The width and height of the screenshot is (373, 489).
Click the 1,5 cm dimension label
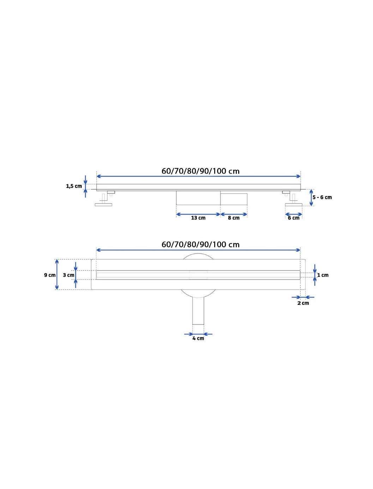(74, 186)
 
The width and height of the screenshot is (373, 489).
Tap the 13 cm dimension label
(198, 218)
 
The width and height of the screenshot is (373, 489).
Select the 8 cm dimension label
(234, 218)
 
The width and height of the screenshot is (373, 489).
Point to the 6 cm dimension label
(294, 218)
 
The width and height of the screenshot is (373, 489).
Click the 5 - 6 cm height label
(322, 197)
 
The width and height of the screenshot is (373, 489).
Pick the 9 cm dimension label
(50, 275)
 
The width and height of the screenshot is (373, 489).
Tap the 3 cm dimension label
(68, 275)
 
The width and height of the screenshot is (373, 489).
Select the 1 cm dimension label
(323, 275)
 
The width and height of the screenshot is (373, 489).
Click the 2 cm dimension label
(303, 303)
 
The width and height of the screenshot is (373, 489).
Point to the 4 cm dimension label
(198, 338)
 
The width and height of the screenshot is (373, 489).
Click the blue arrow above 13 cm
(198, 214)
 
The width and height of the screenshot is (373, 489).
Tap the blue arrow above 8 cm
(234, 214)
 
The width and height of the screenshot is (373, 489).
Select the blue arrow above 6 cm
(294, 214)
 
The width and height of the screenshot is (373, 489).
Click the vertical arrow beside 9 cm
(57, 274)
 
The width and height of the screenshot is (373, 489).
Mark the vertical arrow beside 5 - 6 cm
(311, 198)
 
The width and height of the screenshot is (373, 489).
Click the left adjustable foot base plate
(103, 204)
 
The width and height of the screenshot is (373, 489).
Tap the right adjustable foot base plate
(294, 204)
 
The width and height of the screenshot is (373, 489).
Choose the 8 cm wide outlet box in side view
(234, 199)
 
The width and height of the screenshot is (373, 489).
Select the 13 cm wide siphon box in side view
(198, 198)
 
